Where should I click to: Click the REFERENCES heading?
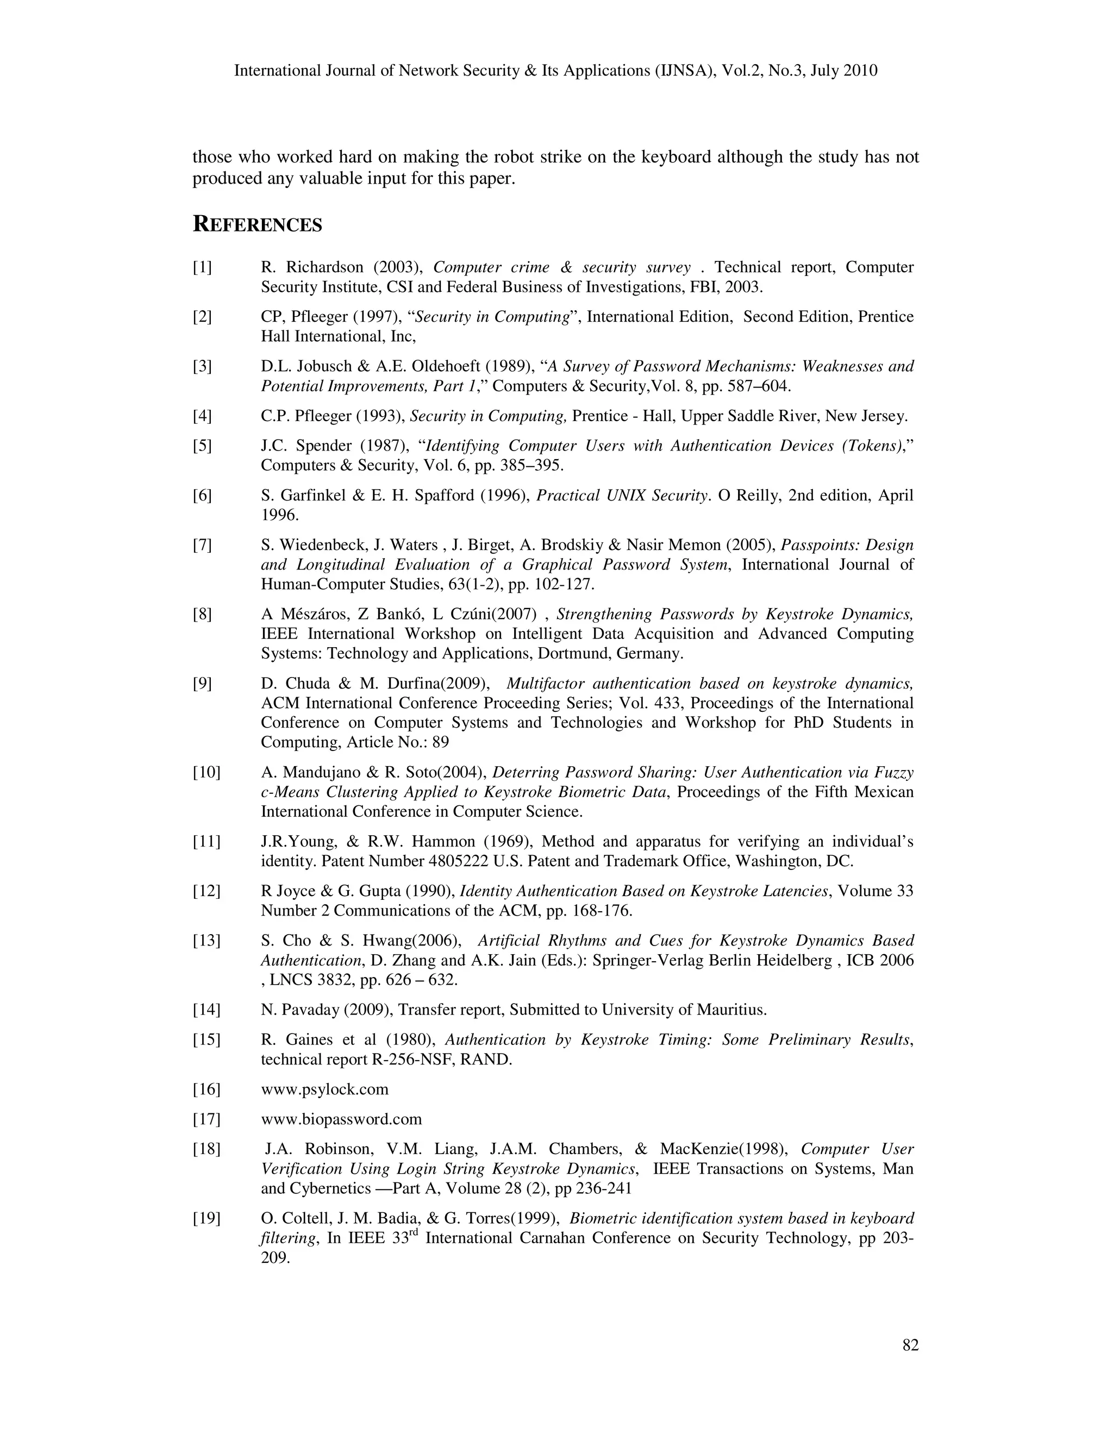tap(257, 225)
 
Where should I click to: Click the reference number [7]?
tap(202, 544)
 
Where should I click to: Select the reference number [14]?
tap(207, 1010)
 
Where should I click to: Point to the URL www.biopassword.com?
tap(341, 1119)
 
